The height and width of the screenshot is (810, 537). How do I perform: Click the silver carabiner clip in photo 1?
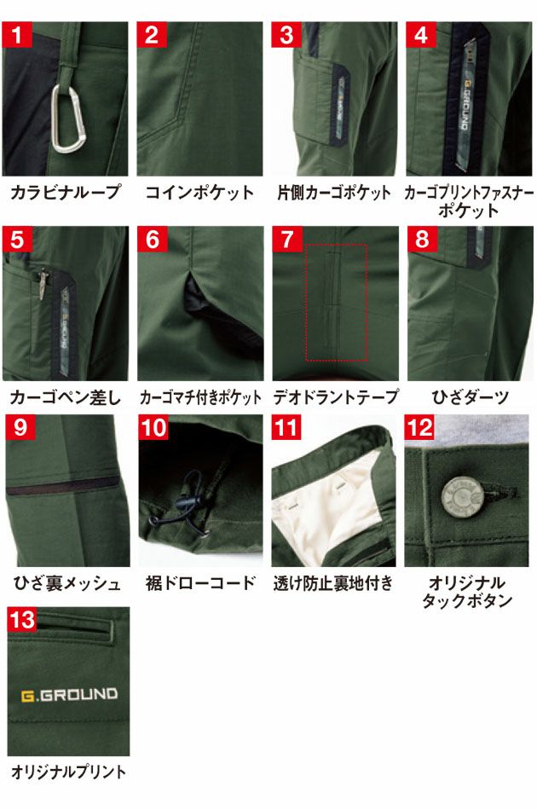[67, 119]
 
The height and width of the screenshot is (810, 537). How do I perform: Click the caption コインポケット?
[199, 193]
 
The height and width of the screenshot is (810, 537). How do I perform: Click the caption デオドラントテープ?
[335, 397]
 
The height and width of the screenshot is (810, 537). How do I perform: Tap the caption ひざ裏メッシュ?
[66, 584]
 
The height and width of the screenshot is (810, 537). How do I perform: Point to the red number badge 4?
[420, 36]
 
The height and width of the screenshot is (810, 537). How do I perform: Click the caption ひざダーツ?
[469, 397]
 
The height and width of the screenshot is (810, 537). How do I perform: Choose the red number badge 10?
[155, 427]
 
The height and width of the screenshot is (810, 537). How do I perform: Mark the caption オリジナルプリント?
[68, 772]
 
